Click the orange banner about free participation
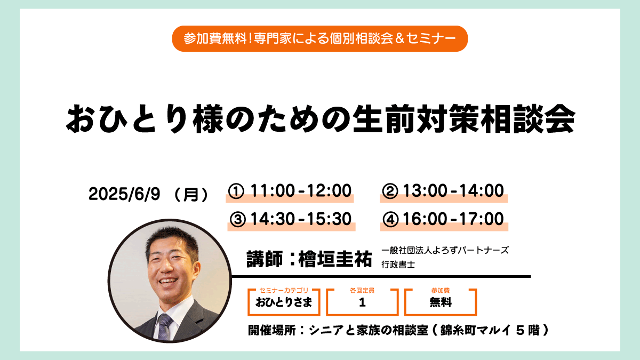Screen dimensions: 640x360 click(319, 38)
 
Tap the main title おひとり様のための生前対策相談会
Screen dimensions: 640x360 click(321, 119)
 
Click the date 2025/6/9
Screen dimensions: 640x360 click(124, 194)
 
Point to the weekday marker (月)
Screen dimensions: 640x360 click(191, 195)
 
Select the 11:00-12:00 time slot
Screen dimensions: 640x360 click(301, 190)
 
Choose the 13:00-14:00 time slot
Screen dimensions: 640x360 click(453, 190)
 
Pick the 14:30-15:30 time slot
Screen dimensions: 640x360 click(301, 219)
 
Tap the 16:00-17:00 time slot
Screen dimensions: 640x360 click(453, 219)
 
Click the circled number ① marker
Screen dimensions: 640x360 click(236, 191)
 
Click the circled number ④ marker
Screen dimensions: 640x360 click(390, 219)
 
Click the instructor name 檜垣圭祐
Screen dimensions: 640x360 click(335, 259)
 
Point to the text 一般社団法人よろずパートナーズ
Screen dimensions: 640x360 click(445, 250)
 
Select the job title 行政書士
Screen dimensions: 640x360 click(398, 265)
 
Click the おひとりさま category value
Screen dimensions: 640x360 click(284, 302)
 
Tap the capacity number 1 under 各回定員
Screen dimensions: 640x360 click(362, 302)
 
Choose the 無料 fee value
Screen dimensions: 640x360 click(441, 302)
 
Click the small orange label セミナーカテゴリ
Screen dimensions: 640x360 click(284, 290)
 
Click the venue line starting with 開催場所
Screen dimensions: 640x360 click(398, 330)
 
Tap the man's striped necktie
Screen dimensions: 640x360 click(164, 326)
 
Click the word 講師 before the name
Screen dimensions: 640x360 click(265, 259)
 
